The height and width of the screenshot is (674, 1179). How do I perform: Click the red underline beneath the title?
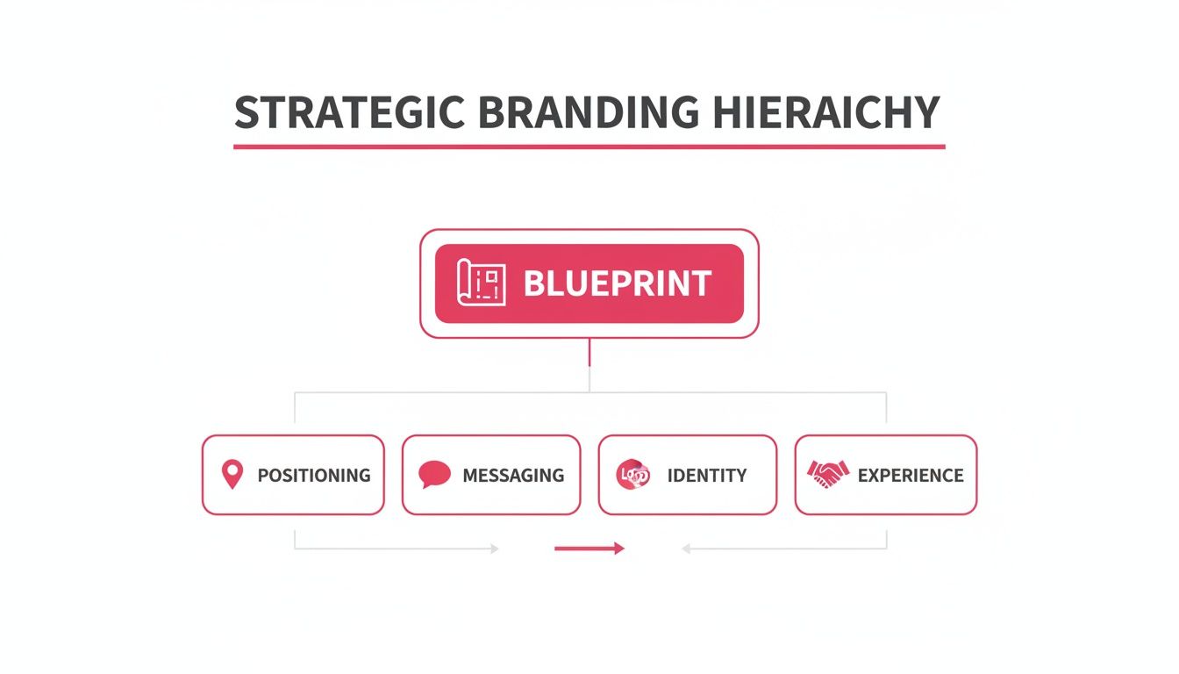pyautogui.click(x=589, y=146)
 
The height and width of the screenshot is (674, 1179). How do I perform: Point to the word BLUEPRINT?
pyautogui.click(x=617, y=283)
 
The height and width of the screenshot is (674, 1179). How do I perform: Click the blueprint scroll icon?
pyautogui.click(x=482, y=283)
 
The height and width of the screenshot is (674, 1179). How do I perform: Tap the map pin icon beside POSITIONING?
pyautogui.click(x=232, y=475)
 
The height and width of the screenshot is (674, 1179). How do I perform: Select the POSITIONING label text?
pyautogui.click(x=313, y=476)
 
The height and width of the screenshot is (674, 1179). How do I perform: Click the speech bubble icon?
pyautogui.click(x=434, y=475)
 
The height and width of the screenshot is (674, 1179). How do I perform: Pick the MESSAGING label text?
pyautogui.click(x=513, y=476)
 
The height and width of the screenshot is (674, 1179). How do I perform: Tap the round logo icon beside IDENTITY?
pyautogui.click(x=633, y=475)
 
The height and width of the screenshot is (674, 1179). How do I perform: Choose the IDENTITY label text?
pyautogui.click(x=706, y=476)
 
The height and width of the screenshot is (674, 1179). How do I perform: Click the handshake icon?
pyautogui.click(x=827, y=475)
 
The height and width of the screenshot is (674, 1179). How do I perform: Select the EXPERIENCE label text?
pyautogui.click(x=911, y=476)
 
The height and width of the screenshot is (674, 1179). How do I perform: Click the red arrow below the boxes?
pyautogui.click(x=589, y=549)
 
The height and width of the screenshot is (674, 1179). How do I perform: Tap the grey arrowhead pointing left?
pyautogui.click(x=687, y=549)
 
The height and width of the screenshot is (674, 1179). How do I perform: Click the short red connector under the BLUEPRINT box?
pyautogui.click(x=589, y=353)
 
